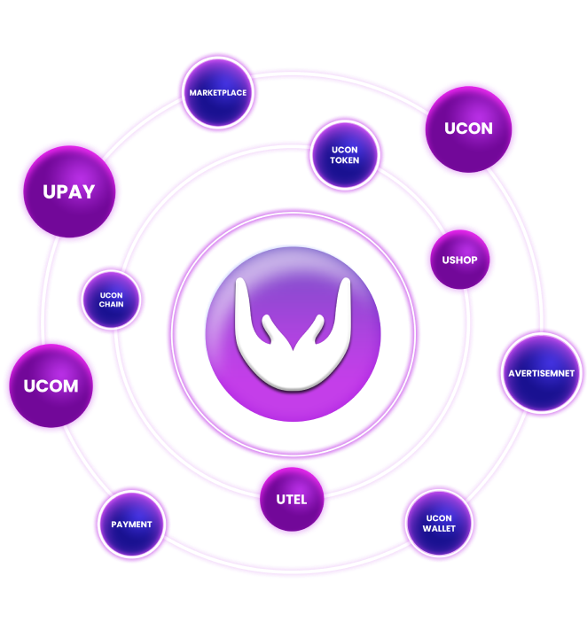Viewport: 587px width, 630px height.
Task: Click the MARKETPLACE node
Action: coord(217,92)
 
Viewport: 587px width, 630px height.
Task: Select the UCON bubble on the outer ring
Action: coord(468,128)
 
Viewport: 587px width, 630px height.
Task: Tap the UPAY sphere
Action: coord(69,191)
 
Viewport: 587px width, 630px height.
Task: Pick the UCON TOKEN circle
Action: coord(345,155)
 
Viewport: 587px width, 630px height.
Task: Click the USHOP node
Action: coord(459,260)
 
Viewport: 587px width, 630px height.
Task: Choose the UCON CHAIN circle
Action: coord(112,299)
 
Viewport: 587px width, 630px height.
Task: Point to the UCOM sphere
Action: coord(51,386)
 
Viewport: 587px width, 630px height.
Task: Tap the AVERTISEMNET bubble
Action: coord(541,373)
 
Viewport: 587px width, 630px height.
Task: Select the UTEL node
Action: coord(292,500)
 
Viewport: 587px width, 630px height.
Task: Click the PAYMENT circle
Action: coord(131,525)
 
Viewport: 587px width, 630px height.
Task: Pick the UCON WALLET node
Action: coord(440,523)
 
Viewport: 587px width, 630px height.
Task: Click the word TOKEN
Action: coord(345,161)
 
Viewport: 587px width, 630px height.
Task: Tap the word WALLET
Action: coord(440,529)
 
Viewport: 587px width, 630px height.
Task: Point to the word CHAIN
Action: coord(112,305)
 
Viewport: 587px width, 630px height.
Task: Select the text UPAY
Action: coord(69,192)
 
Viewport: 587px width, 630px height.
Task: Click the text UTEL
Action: coord(292,500)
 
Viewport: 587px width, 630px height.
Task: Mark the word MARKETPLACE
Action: coord(217,93)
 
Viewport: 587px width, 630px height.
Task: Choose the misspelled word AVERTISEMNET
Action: coord(541,373)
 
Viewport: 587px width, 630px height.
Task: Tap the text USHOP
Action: coord(459,261)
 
